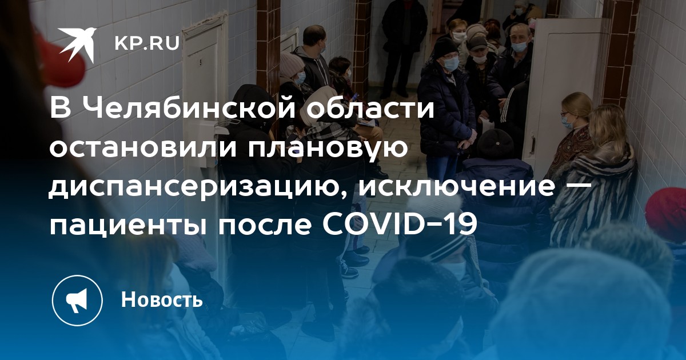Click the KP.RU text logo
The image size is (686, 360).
[x=147, y=44]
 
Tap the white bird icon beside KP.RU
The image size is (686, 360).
[x=78, y=44]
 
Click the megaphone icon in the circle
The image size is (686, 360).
[x=77, y=301]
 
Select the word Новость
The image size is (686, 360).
[x=162, y=299]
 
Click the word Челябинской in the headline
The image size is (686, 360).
[x=192, y=110]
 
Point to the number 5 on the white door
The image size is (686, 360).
[x=201, y=62]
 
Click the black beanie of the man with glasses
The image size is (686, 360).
[x=445, y=47]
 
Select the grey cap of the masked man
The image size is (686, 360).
[x=477, y=43]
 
